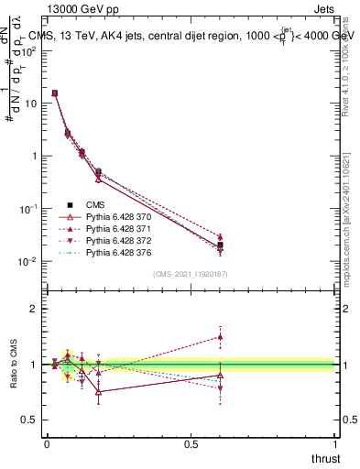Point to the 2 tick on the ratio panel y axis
(34, 309)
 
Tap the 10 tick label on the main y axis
(29, 103)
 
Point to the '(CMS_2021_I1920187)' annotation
(191, 274)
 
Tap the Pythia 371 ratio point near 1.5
(219, 336)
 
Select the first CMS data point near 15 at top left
(55, 93)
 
